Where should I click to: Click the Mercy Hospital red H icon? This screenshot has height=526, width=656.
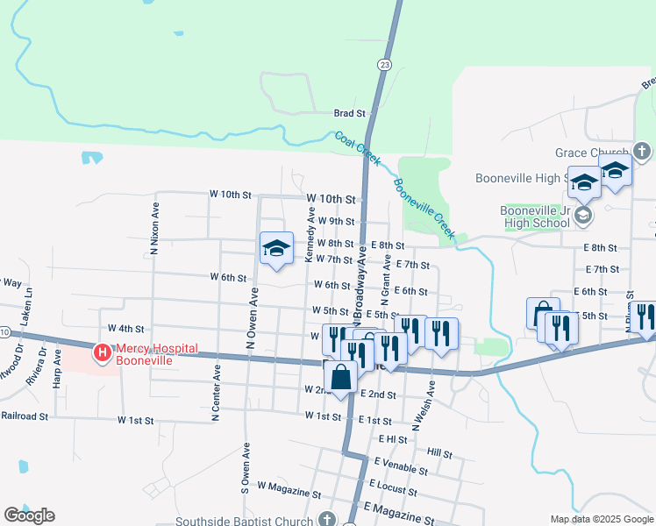pyautogui.click(x=102, y=353)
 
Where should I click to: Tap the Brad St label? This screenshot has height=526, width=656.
pyautogui.click(x=349, y=113)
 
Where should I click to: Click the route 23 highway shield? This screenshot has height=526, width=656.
pyautogui.click(x=385, y=65)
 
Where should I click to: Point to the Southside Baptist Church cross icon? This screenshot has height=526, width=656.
pyautogui.click(x=327, y=519)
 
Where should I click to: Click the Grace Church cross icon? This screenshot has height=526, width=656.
pyautogui.click(x=642, y=152)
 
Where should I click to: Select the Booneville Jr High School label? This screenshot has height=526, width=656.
pyautogui.click(x=534, y=217)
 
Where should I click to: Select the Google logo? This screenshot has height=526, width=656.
pyautogui.click(x=29, y=515)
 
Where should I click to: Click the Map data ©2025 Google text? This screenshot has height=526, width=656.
pyautogui.click(x=601, y=518)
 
